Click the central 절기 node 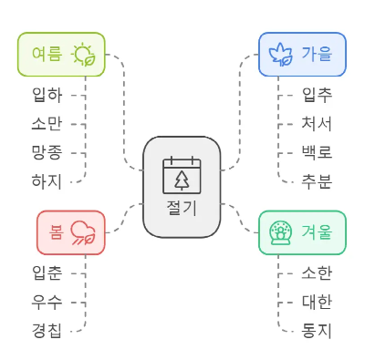(x=182, y=187)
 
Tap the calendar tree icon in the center (x=182, y=174)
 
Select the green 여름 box (x=61, y=55)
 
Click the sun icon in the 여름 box (x=85, y=55)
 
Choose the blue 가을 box (x=302, y=55)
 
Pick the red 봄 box (x=71, y=232)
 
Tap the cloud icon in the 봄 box (x=84, y=232)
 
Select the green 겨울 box (x=302, y=232)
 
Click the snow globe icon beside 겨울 (x=280, y=232)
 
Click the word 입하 (x=47, y=94)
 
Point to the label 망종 (x=47, y=152)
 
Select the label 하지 (x=47, y=181)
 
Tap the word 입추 (x=317, y=94)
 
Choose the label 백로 (x=317, y=152)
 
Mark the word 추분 (x=317, y=181)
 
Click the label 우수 (x=47, y=301)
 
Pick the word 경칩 (x=47, y=330)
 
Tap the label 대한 (x=317, y=301)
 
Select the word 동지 (x=317, y=330)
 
